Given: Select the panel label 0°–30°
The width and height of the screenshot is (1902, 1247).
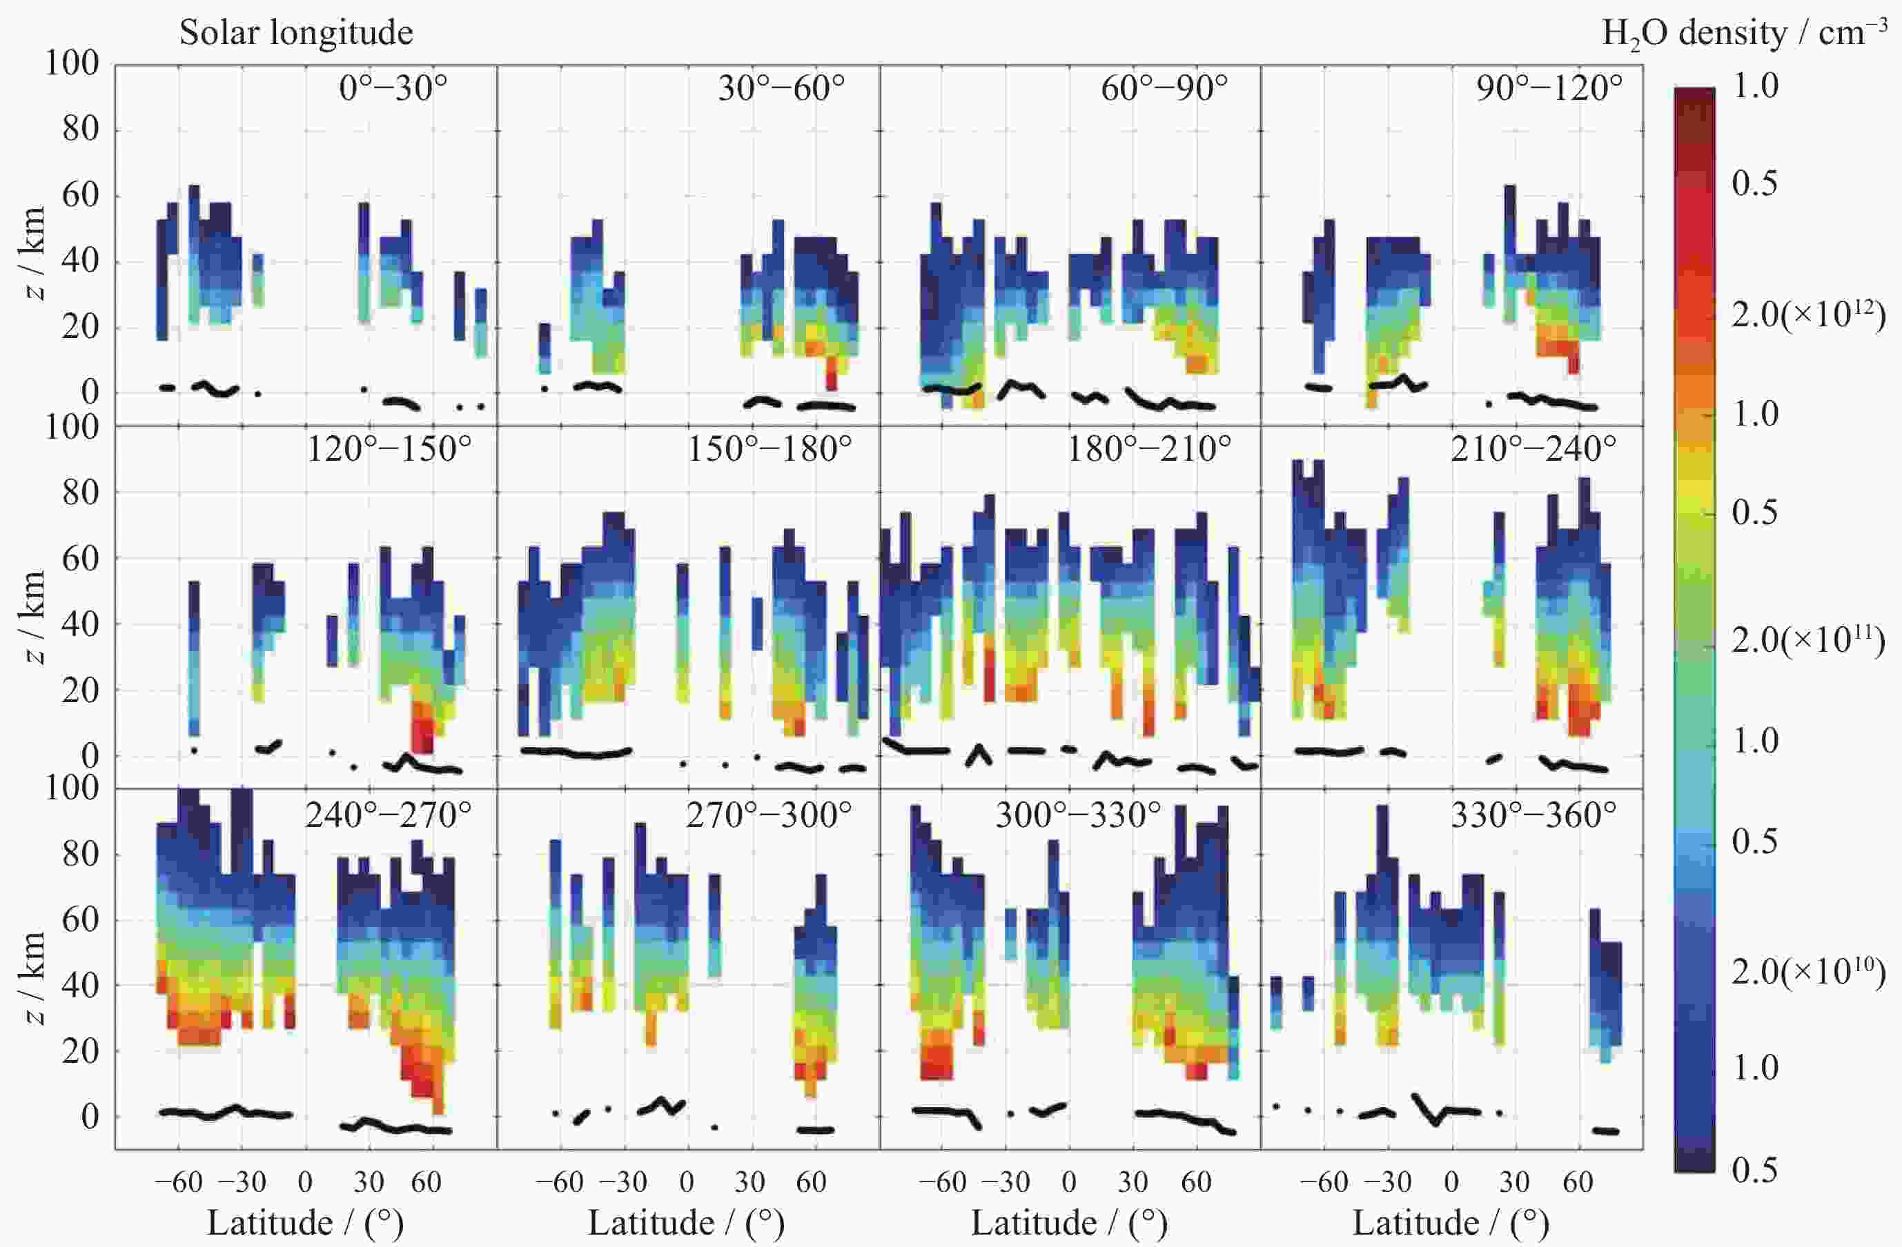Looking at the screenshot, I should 393,88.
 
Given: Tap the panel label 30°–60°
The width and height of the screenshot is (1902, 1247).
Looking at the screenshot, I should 781,88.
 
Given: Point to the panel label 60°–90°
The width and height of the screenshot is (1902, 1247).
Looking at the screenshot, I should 1164,88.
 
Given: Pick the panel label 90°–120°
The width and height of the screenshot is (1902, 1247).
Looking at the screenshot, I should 1549,88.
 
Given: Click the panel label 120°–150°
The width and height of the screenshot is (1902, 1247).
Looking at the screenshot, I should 389,449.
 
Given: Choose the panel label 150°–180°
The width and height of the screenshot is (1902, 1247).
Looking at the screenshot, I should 769,449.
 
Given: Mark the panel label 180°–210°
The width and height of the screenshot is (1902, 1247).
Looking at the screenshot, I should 1149,449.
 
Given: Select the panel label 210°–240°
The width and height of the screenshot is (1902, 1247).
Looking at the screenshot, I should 1533,449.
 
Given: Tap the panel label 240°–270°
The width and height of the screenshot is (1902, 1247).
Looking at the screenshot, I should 389,815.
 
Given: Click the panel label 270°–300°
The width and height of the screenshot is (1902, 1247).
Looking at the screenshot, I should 769,815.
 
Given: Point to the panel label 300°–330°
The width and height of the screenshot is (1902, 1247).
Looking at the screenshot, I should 1078,815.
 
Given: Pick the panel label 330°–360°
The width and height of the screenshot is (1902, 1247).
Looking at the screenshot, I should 1533,815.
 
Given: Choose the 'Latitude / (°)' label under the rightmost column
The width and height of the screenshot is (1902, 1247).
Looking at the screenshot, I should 1451,1223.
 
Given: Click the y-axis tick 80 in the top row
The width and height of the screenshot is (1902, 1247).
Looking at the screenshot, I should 80,130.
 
